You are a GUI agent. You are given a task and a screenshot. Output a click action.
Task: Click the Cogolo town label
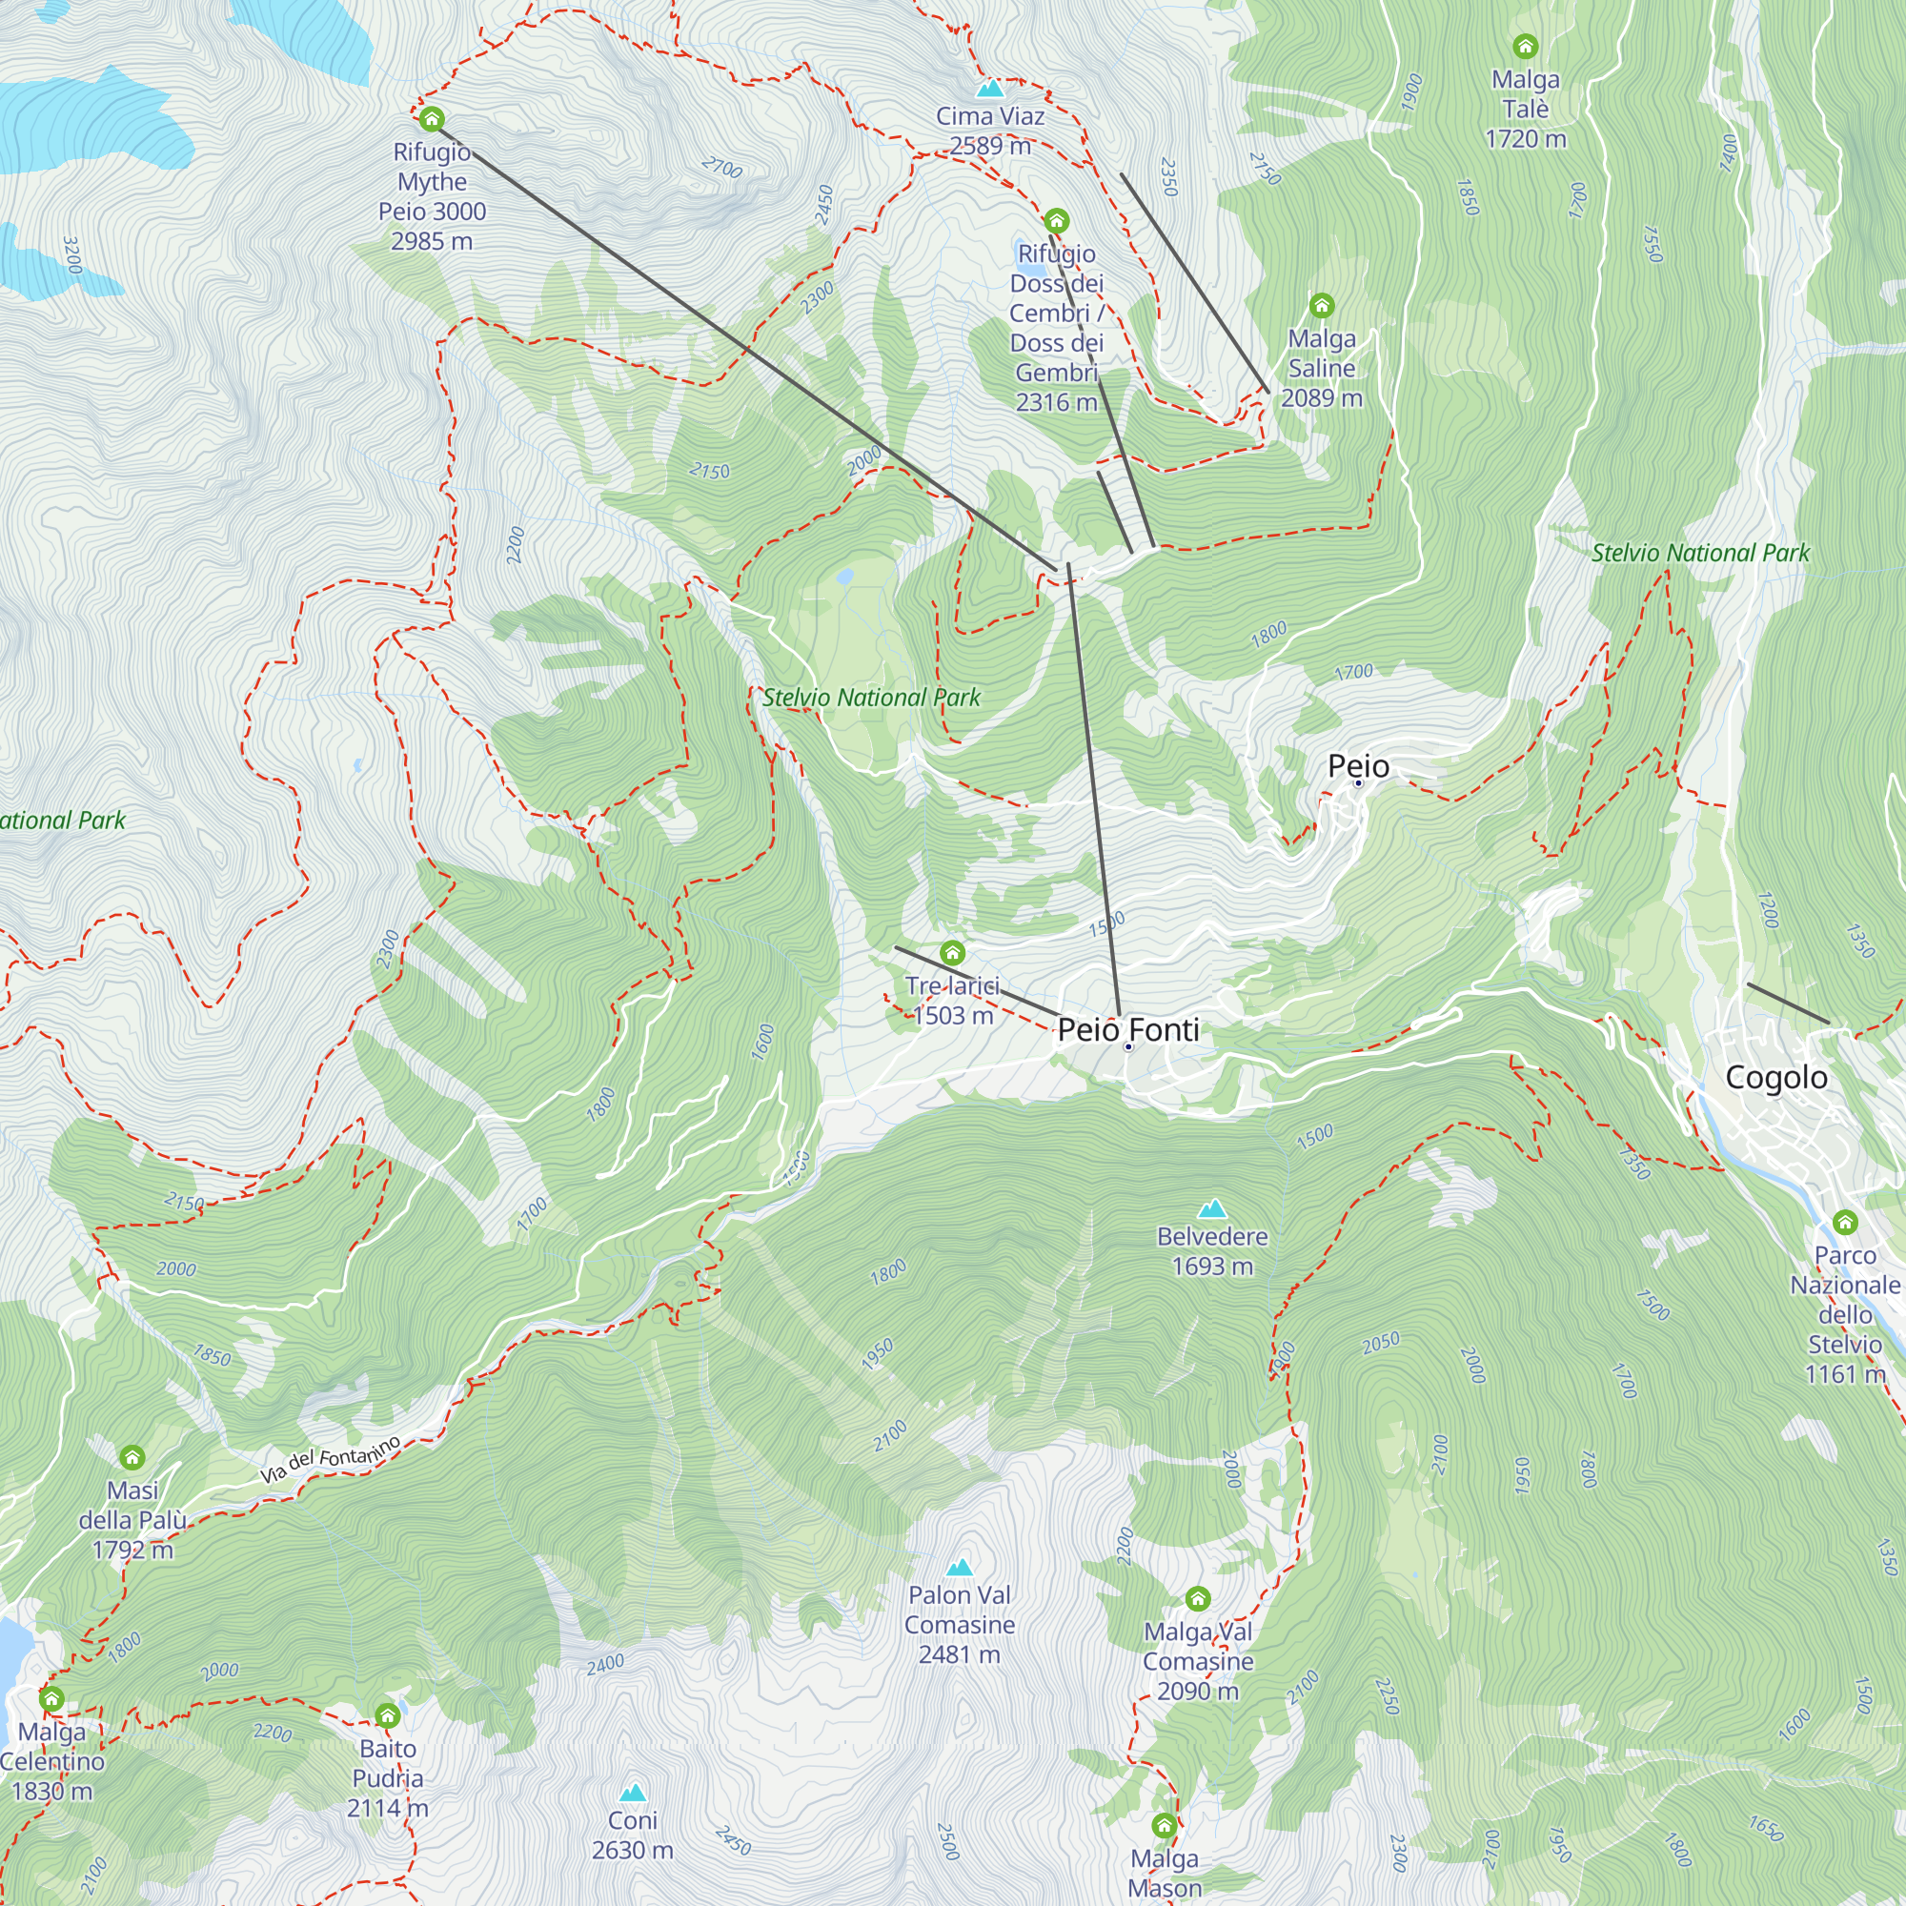point(1775,1077)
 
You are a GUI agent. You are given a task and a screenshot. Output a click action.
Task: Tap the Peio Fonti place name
point(1127,1029)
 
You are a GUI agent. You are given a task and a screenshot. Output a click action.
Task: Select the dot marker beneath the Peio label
point(1357,783)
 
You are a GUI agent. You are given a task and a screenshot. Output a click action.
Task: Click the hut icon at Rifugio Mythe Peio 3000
point(431,119)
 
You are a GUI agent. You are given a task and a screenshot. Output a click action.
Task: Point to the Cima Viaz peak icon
point(989,89)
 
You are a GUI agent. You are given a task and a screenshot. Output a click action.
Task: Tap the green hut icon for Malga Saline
point(1321,305)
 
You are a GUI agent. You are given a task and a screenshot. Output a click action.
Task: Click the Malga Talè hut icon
point(1525,46)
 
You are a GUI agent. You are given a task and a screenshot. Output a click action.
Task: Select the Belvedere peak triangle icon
point(1211,1208)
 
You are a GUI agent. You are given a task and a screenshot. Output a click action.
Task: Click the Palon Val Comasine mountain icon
point(959,1567)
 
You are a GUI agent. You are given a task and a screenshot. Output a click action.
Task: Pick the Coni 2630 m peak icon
point(633,1793)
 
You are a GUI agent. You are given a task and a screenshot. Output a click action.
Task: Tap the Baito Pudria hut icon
point(388,1715)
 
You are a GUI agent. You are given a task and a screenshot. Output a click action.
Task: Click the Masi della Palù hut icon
point(132,1457)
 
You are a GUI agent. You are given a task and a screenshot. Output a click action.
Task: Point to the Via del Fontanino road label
point(331,1460)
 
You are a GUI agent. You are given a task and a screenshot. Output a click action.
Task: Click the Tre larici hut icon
point(952,952)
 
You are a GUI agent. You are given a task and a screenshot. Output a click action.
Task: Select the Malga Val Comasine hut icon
point(1198,1598)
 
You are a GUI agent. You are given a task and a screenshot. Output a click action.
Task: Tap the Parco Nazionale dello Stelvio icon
point(1845,1223)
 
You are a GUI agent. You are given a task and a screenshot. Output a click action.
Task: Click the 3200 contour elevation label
point(71,254)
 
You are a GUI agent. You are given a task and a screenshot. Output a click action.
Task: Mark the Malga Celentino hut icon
point(51,1699)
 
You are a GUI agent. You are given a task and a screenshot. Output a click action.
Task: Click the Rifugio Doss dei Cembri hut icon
point(1057,219)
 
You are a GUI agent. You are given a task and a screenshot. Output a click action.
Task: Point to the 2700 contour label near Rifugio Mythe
point(722,168)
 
